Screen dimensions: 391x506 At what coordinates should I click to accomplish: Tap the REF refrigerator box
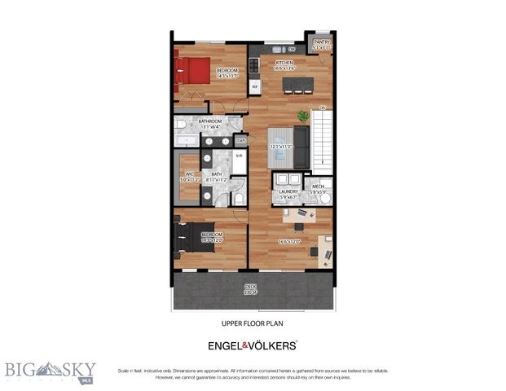[254, 85]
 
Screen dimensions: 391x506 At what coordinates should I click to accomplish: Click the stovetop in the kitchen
[253, 62]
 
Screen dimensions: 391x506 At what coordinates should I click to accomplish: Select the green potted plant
[304, 116]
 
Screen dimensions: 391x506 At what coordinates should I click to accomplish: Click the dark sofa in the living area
[301, 147]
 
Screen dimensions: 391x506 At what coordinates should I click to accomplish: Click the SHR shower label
[240, 156]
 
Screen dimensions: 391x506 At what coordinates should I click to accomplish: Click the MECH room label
[318, 187]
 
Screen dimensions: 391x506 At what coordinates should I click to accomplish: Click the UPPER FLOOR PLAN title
[252, 323]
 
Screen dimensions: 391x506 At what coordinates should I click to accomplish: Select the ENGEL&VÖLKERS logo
[252, 345]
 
